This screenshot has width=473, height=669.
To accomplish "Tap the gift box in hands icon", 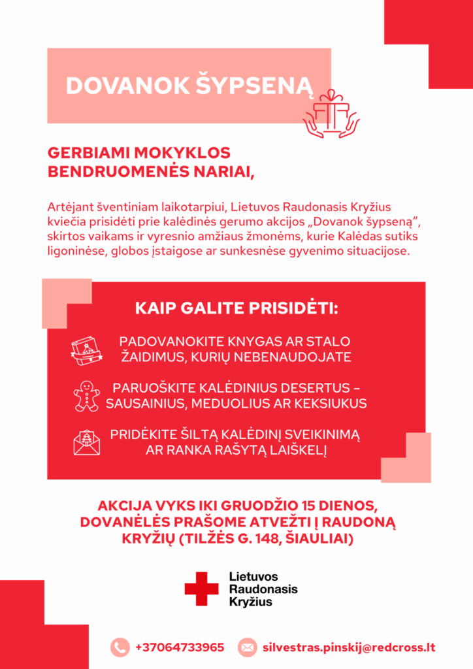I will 331,114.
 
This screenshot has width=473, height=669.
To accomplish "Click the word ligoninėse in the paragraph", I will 73,251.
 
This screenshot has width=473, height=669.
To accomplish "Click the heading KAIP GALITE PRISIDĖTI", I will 236,308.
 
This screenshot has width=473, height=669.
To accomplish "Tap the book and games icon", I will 86,350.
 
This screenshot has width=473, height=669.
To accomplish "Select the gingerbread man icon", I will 86,395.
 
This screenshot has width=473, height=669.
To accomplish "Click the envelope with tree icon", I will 86,441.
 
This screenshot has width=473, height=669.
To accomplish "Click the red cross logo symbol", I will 201,589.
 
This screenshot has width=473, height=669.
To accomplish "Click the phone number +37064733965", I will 180,647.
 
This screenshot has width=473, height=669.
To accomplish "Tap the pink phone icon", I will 120,647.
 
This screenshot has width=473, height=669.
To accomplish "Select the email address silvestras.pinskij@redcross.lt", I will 349,647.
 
